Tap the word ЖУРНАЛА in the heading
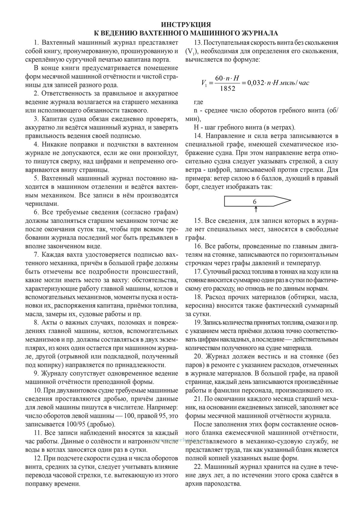click(257, 33)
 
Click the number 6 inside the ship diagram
click(255, 202)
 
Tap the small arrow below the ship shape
click(255, 209)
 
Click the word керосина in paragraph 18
click(200, 306)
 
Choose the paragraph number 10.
click(38, 391)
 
